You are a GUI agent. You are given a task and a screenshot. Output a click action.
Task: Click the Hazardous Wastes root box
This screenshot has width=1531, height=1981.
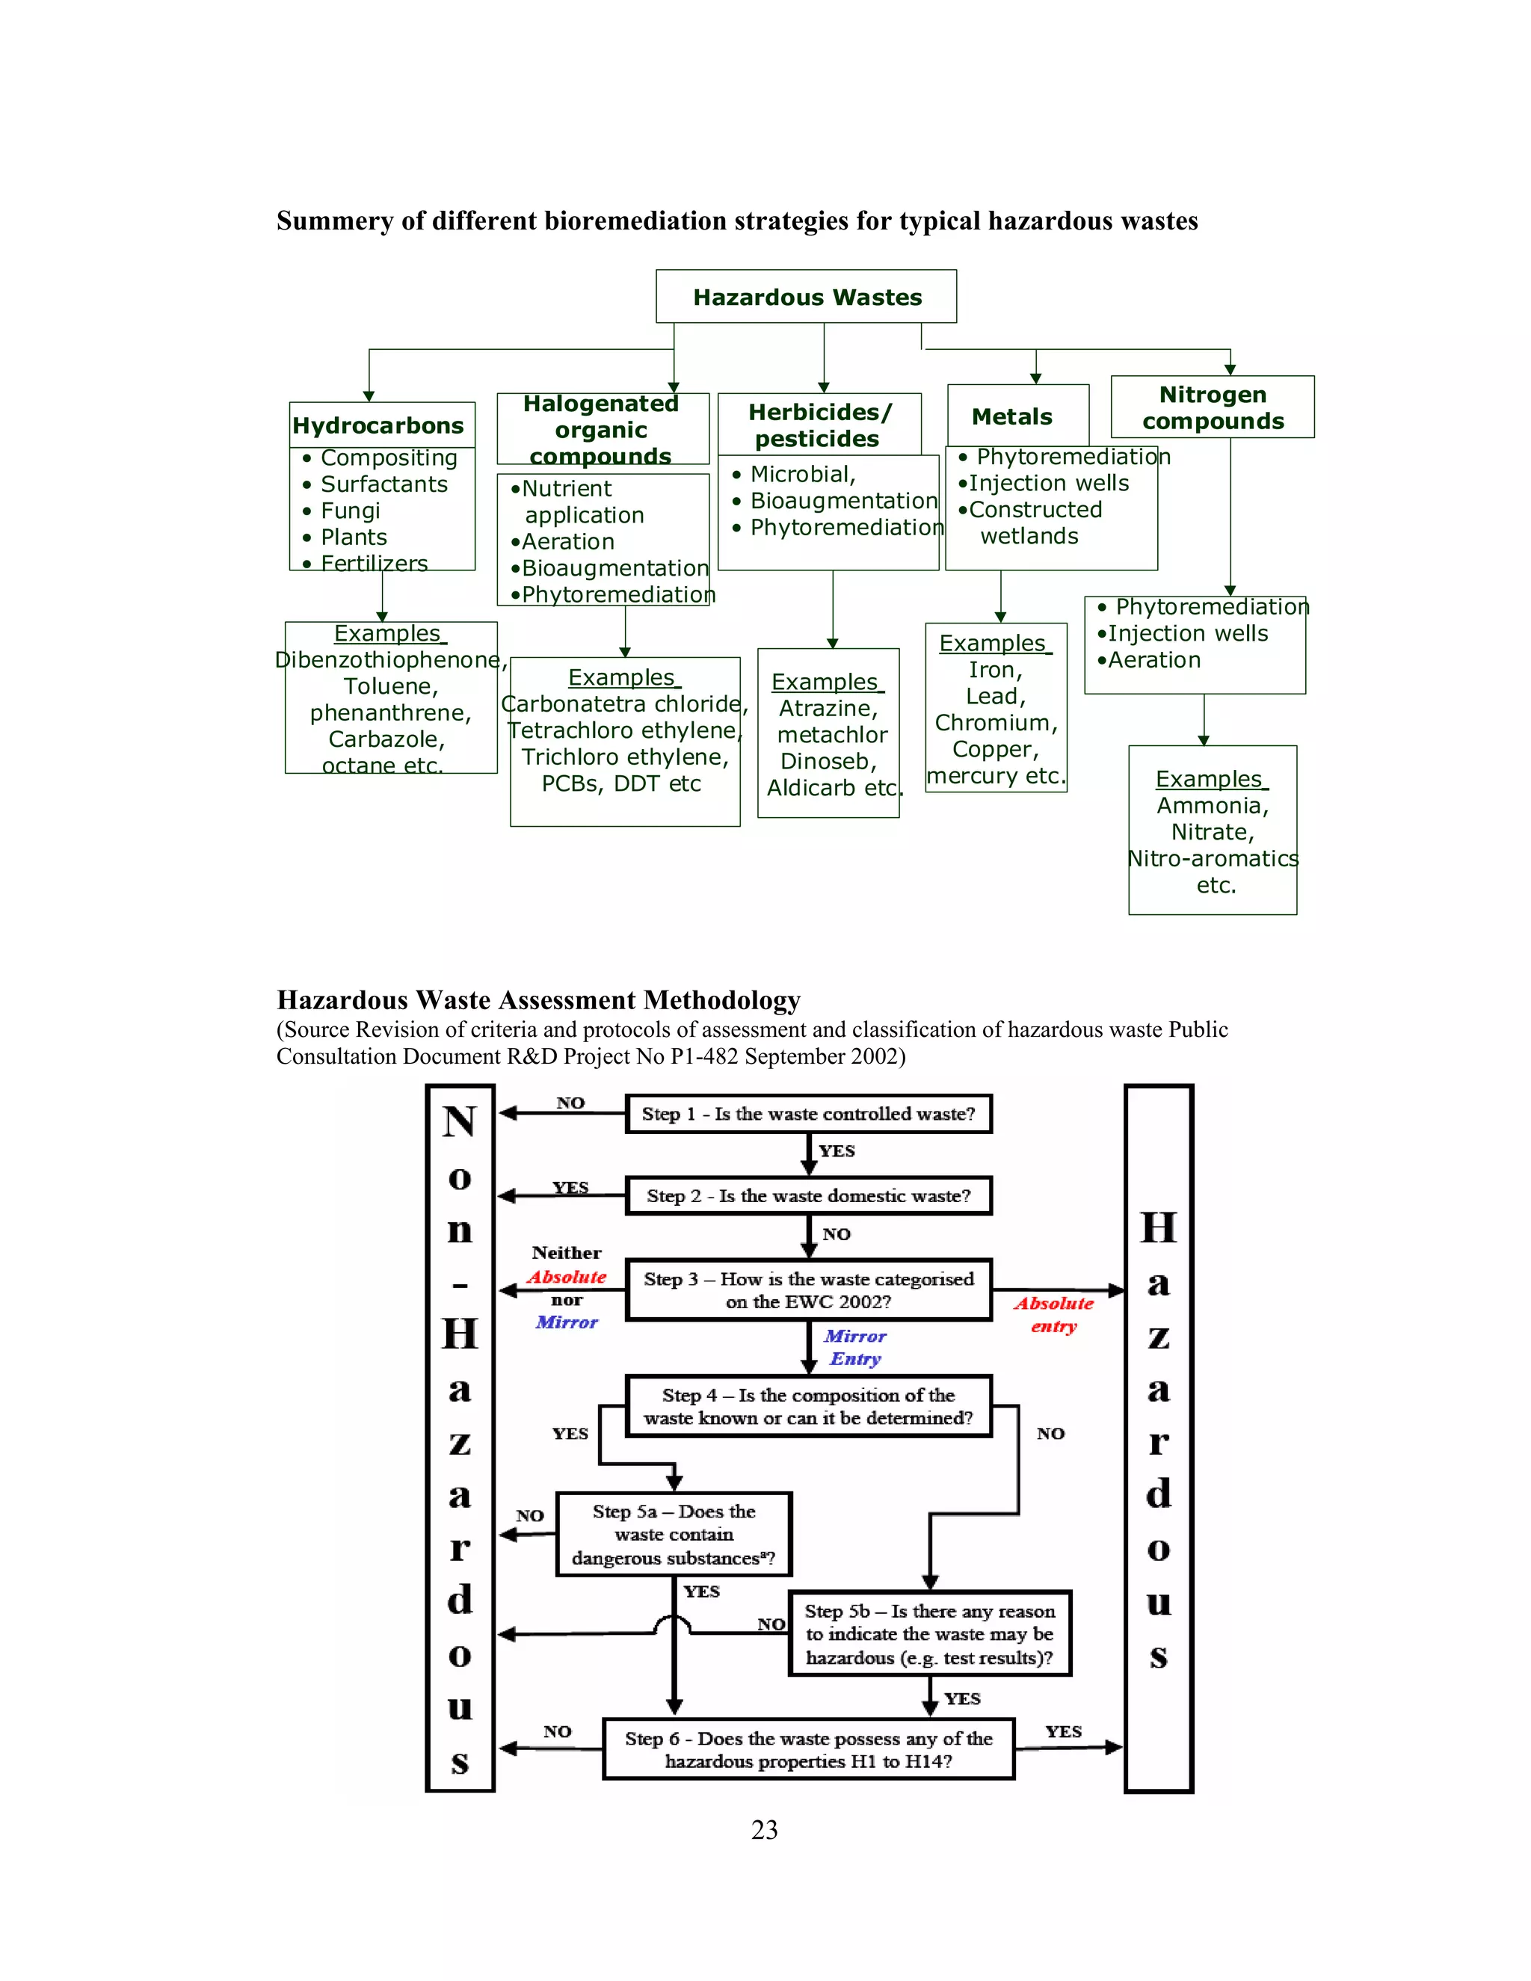tap(807, 297)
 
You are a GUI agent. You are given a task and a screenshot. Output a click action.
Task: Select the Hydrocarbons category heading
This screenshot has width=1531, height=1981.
tap(378, 425)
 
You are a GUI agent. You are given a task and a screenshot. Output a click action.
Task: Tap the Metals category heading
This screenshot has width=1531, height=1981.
tap(1011, 416)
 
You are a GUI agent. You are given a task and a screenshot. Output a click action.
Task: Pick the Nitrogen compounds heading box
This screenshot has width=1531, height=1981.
tap(1213, 407)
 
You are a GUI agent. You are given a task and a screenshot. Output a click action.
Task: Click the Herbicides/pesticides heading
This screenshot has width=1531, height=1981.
tap(819, 425)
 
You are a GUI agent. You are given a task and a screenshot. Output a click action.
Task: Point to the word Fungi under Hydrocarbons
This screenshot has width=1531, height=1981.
tap(351, 511)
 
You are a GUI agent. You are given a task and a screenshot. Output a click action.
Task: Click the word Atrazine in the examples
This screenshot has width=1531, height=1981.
tap(828, 709)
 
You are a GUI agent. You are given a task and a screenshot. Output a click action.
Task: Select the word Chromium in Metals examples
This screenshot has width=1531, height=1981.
tap(996, 723)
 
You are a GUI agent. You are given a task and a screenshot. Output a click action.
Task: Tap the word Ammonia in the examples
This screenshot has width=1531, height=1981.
tap(1212, 805)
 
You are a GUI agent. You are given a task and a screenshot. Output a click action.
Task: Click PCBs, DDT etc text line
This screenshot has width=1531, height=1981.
tap(621, 783)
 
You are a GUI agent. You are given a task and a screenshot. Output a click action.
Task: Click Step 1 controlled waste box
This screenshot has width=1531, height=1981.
tap(808, 1114)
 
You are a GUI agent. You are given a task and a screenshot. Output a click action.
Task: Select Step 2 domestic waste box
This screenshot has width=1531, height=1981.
tap(808, 1195)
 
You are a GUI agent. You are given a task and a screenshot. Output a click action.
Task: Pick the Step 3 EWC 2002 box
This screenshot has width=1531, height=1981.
tap(808, 1290)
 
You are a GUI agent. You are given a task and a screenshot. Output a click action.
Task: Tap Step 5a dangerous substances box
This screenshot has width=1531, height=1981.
tap(673, 1535)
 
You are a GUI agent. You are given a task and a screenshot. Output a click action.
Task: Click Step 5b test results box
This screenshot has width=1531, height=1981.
tap(930, 1633)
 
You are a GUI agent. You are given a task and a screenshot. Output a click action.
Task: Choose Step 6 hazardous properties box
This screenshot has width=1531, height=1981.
tap(808, 1750)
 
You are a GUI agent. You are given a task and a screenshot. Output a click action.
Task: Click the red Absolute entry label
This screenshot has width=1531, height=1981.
tap(1054, 1314)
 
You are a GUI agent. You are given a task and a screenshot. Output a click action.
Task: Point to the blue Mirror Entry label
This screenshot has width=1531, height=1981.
tap(854, 1347)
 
